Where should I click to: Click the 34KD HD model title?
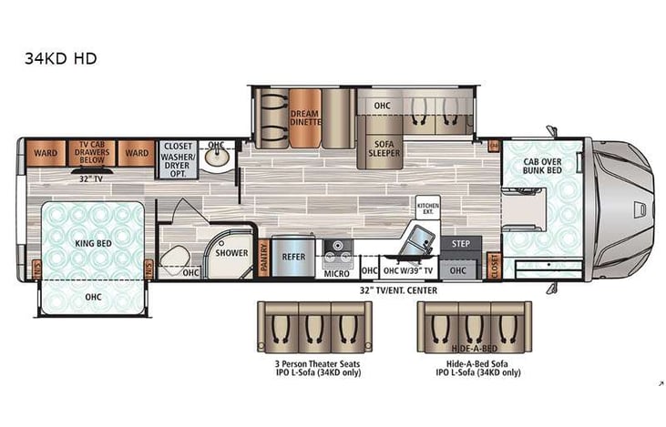click(x=62, y=59)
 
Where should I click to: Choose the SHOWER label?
click(x=231, y=253)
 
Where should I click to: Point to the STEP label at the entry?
click(x=460, y=244)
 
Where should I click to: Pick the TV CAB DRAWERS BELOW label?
click(x=95, y=153)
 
